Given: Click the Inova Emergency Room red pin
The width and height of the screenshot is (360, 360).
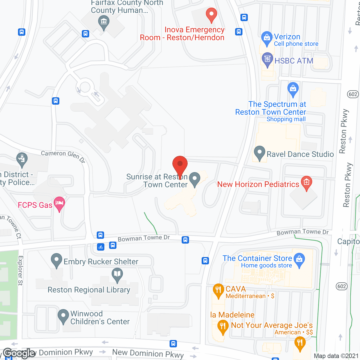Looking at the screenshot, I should click(211, 14).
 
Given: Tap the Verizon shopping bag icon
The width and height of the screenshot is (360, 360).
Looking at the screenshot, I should click(266, 38).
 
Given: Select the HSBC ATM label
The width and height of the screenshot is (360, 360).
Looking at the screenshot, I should click(294, 61).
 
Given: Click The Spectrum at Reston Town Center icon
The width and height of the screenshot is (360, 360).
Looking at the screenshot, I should click(293, 89).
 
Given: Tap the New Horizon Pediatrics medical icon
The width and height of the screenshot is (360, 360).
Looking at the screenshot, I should click(306, 182).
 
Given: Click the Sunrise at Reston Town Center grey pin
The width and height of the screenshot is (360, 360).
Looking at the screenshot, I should click(194, 179).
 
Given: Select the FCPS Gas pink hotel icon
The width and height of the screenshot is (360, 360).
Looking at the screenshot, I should click(59, 203).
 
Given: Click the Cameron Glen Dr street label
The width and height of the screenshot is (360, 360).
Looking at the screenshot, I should click(63, 156).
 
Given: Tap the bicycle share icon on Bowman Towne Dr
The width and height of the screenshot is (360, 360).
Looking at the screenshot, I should click(101, 247).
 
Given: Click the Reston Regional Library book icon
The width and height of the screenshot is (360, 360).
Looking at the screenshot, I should click(117, 274).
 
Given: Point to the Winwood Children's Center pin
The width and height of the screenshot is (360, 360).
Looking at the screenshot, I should click(63, 316).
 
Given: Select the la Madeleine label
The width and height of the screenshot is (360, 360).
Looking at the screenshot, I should click(232, 315).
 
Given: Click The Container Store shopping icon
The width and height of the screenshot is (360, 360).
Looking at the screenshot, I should click(299, 259).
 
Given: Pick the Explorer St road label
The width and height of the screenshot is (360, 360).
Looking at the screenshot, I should click(21, 271).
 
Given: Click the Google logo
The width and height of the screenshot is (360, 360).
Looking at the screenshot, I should click(19, 353).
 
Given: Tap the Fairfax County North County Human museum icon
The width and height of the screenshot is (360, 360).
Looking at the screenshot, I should click(103, 22).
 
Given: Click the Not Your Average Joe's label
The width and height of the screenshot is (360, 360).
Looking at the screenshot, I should click(272, 325).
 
